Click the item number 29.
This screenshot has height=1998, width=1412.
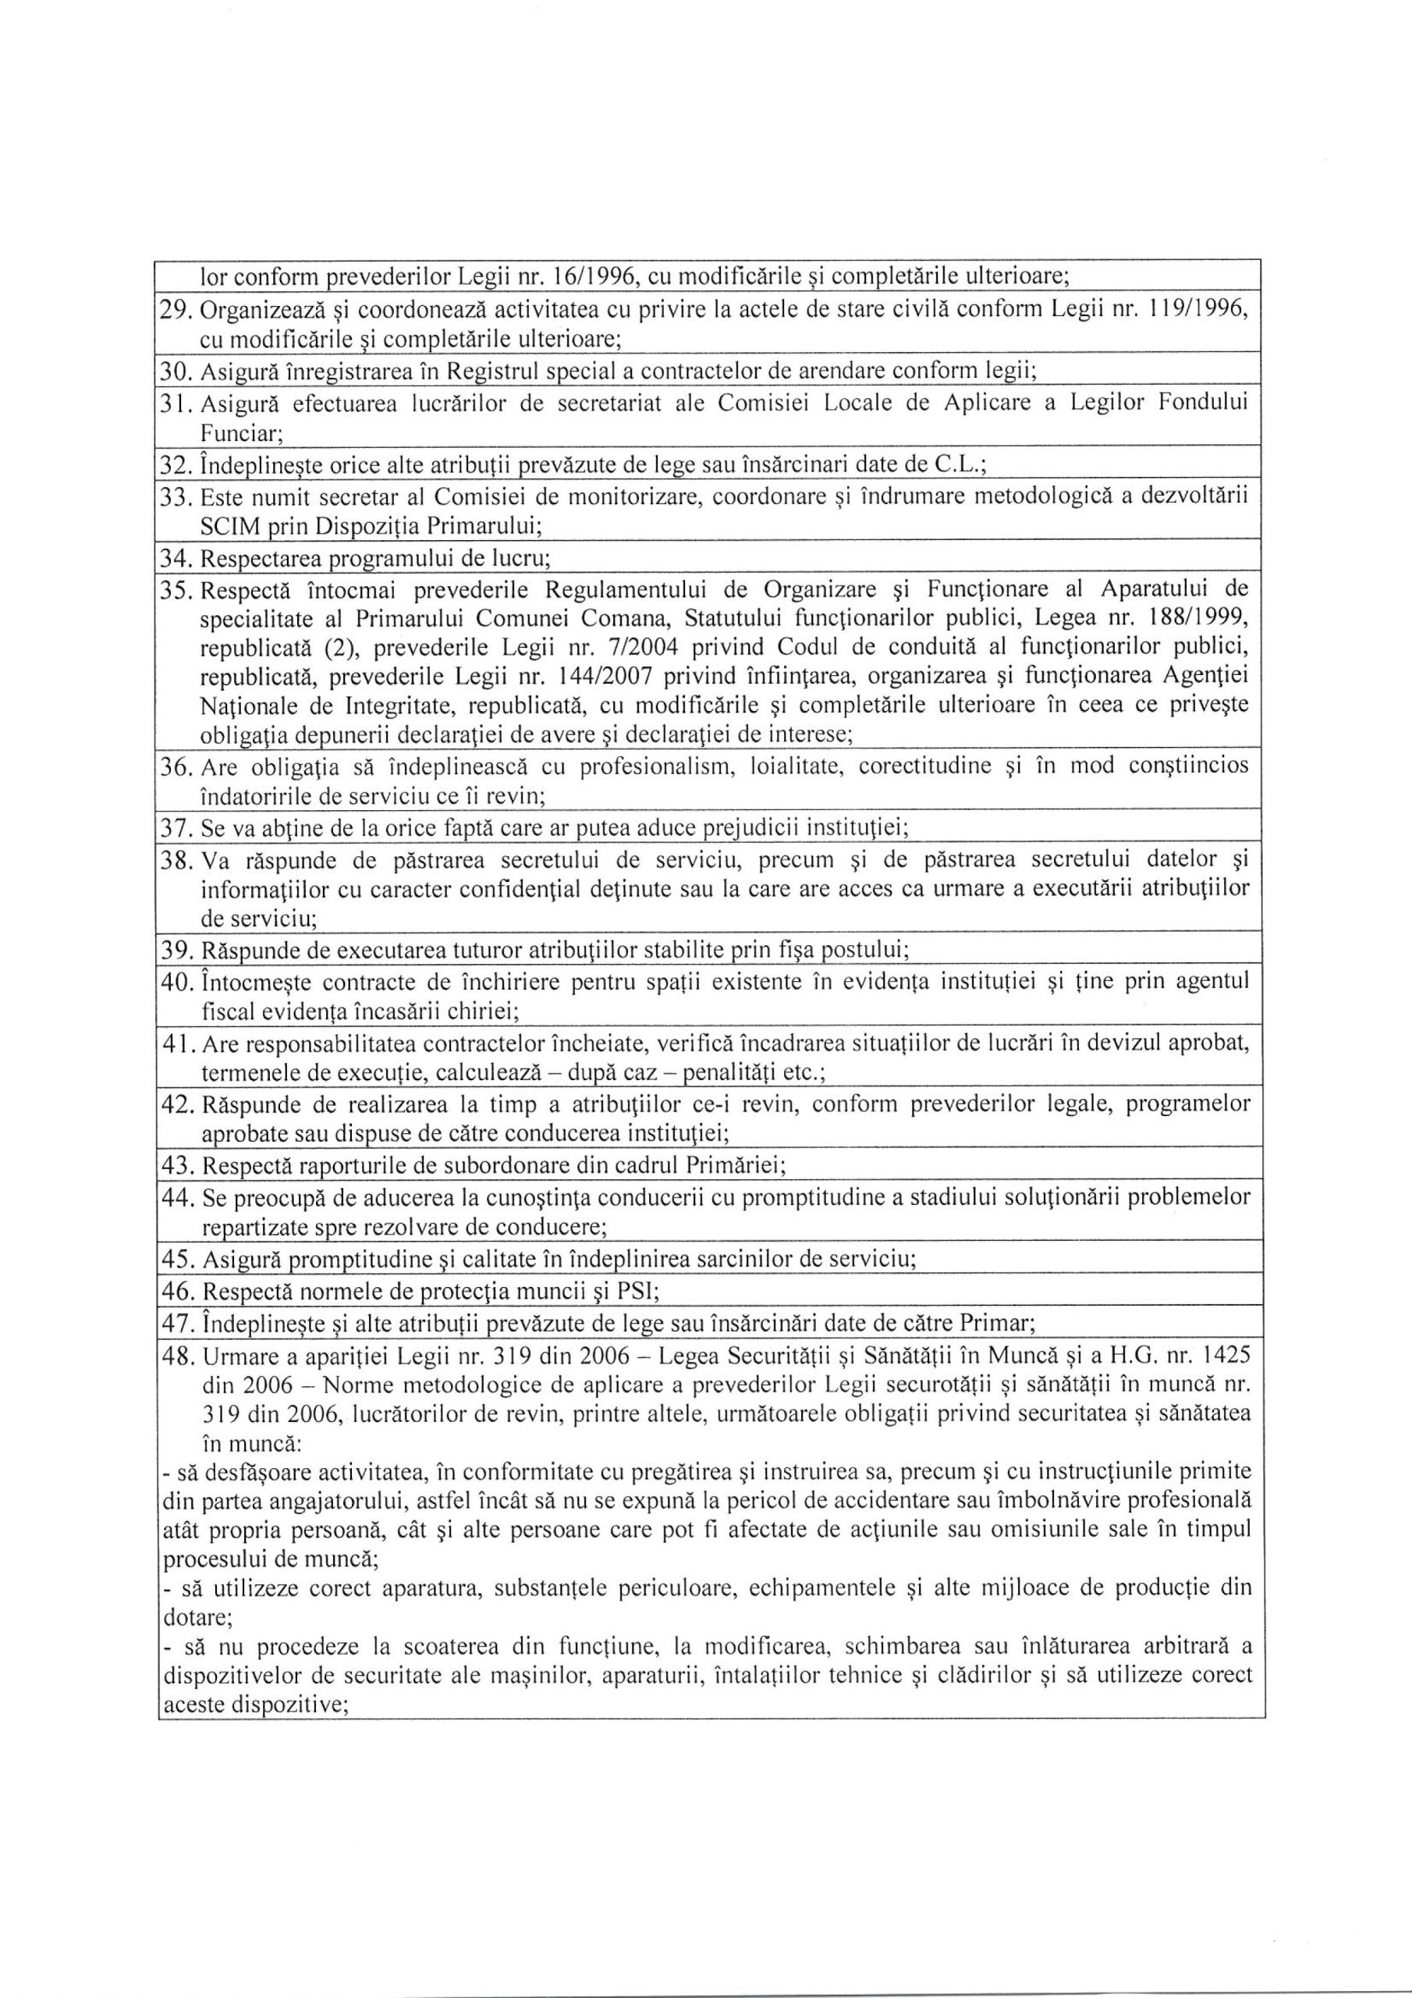tap(178, 312)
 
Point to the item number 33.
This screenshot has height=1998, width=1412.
tap(178, 498)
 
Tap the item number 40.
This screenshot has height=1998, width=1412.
tap(178, 983)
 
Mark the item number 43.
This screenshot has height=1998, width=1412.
tap(178, 1164)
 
